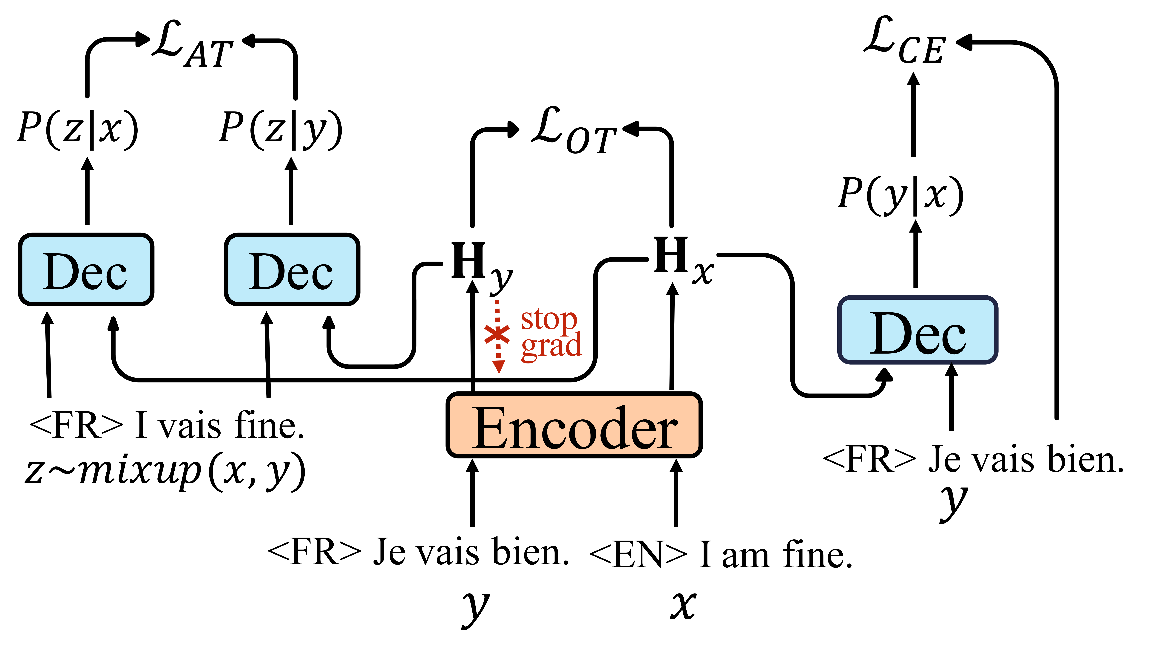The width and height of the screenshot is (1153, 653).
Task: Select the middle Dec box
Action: point(292,270)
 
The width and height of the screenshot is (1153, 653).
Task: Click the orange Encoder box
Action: point(574,425)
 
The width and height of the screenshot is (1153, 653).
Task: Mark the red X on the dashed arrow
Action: point(497,334)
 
